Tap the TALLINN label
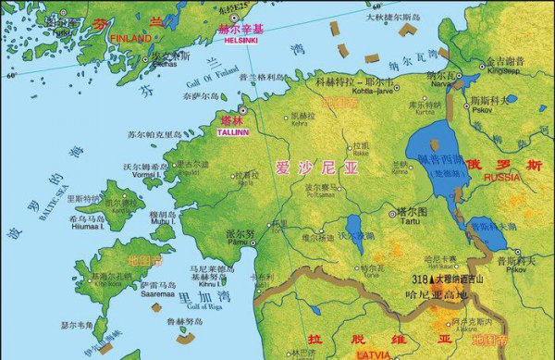(x=234, y=132)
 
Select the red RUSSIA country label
(x=502, y=177)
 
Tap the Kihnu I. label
(x=210, y=284)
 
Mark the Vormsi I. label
(x=140, y=176)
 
